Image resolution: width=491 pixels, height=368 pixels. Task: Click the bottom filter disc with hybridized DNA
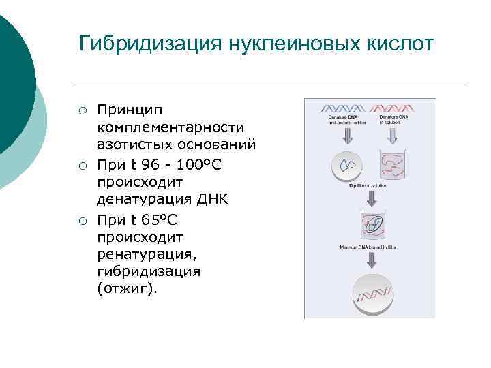(372, 294)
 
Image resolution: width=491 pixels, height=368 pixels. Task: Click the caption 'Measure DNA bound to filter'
(372, 247)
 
